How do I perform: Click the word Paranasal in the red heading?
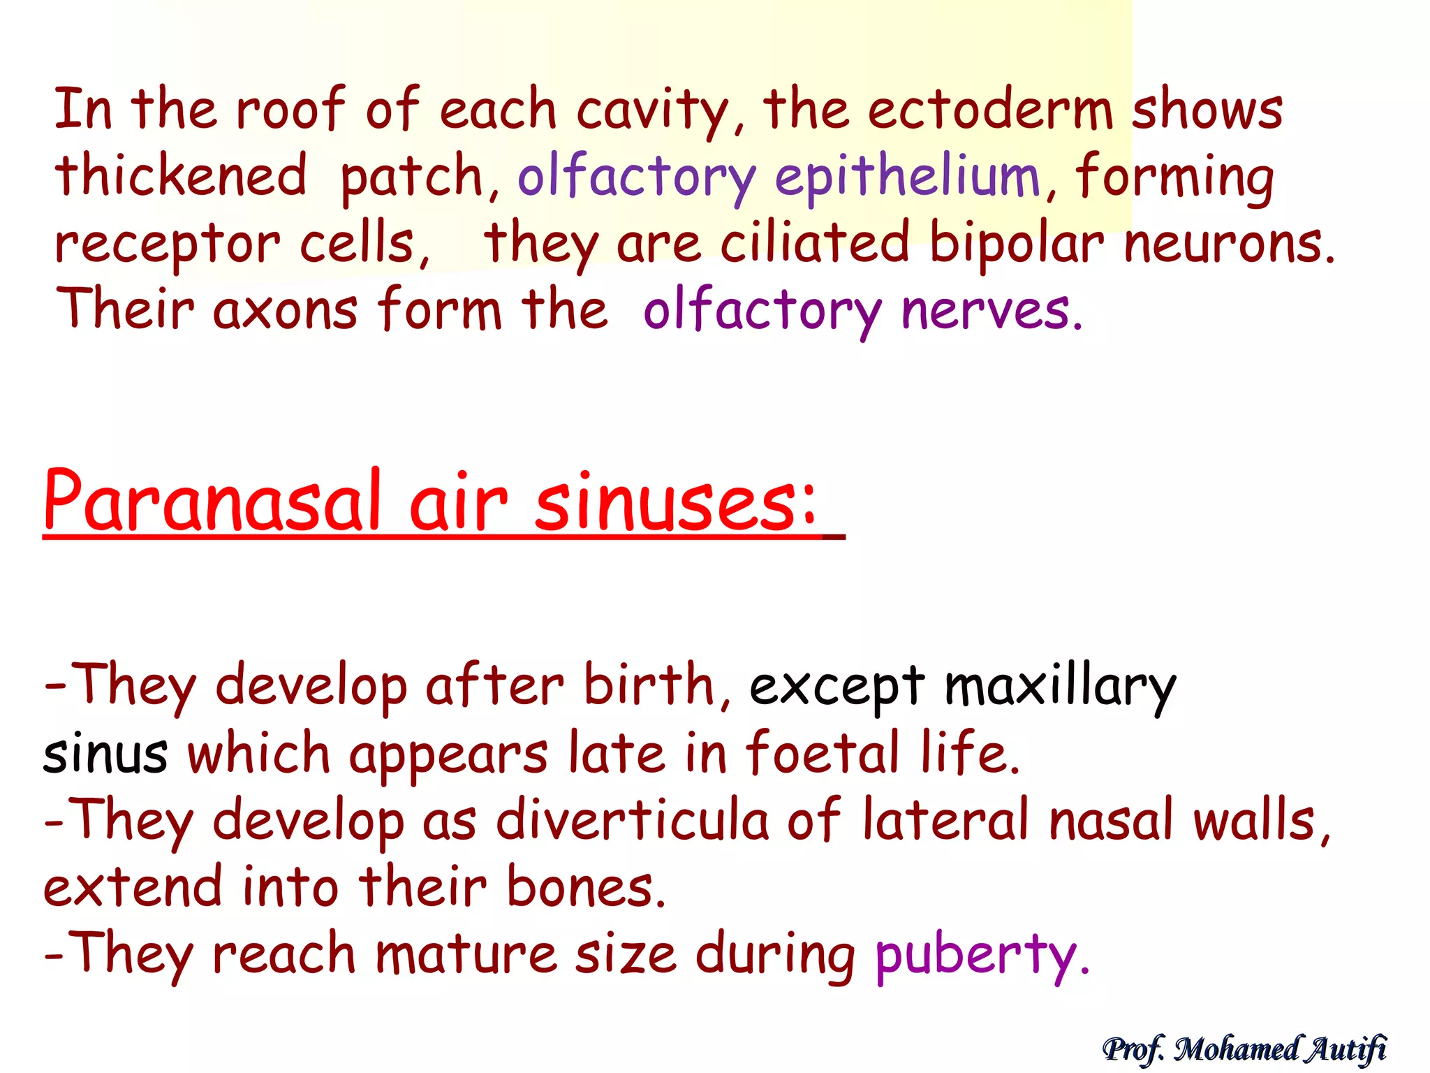click(212, 502)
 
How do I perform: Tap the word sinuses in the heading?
click(675, 502)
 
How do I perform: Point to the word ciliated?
click(815, 242)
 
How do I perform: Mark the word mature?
click(466, 954)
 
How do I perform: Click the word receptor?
click(168, 245)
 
